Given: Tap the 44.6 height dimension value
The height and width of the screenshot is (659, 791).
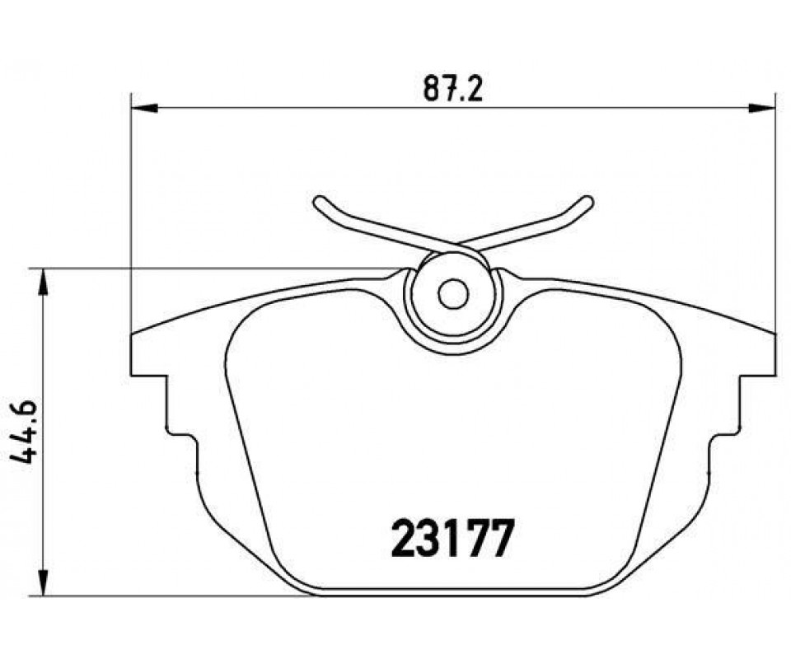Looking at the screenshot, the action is click(x=23, y=432).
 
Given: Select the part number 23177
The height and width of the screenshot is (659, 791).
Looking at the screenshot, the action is click(x=452, y=539).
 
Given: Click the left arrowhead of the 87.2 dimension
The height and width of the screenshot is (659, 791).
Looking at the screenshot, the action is click(x=144, y=107).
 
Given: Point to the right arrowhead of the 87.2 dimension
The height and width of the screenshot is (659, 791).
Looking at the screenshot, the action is click(x=761, y=107).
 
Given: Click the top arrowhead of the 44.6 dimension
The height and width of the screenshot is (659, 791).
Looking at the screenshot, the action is click(x=44, y=282).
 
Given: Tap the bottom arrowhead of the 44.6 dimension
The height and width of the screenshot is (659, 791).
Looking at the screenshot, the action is click(x=44, y=583).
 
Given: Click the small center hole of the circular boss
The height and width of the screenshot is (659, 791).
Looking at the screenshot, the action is click(x=453, y=294).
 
